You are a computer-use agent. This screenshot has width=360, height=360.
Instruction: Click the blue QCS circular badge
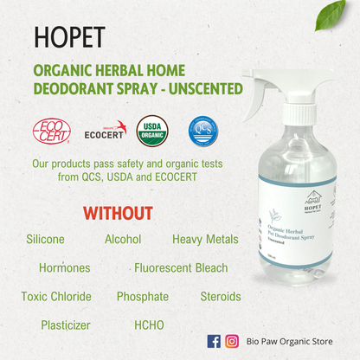coord(202,131)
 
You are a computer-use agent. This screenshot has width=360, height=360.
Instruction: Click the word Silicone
coord(45,240)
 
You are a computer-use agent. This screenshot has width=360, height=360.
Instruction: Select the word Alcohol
coord(124,240)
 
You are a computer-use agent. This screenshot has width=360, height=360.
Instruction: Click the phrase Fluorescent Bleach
coord(181,268)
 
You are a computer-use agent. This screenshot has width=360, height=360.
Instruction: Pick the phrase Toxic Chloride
coord(56,297)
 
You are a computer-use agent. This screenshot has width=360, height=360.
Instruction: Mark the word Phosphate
coord(143,297)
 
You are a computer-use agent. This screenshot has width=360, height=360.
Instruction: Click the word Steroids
coord(220,297)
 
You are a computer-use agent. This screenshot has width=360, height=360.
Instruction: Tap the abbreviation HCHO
coord(149,325)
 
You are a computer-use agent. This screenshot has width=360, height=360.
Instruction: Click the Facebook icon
coord(214,341)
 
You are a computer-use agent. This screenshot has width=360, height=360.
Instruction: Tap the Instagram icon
coord(232,341)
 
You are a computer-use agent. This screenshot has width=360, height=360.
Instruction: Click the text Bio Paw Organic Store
coord(289,342)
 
